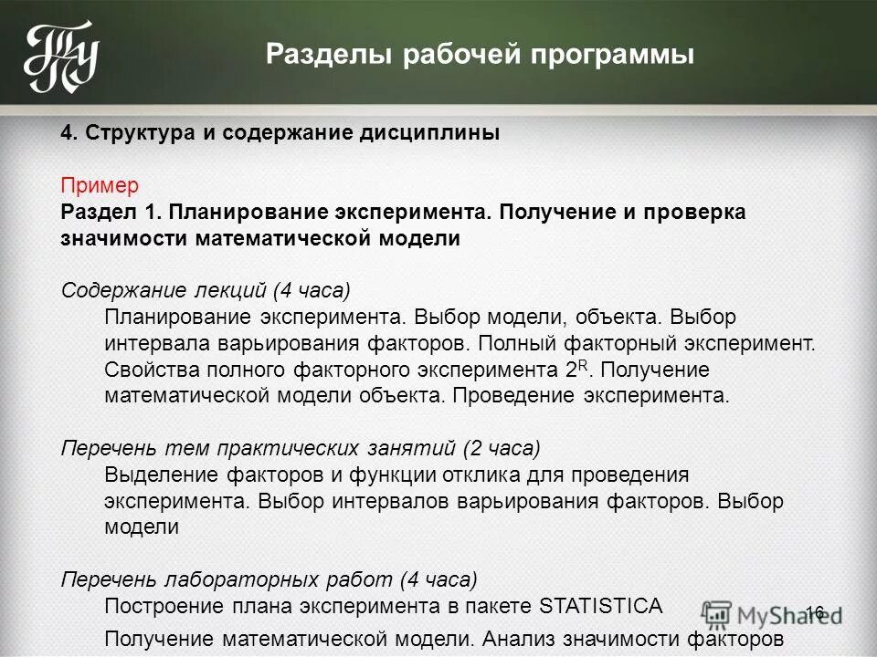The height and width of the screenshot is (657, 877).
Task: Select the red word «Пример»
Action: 100,186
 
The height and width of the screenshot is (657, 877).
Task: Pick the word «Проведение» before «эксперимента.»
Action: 518,397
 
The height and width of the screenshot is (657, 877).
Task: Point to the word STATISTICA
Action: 601,606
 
